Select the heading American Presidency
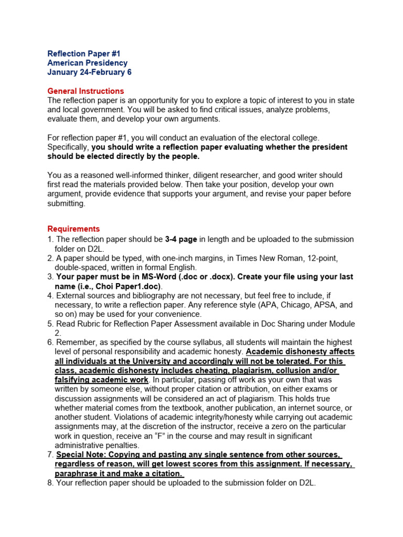[x=87, y=63]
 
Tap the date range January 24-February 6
[x=89, y=72]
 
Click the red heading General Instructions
[x=86, y=91]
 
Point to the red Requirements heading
[x=73, y=229]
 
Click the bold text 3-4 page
[x=181, y=239]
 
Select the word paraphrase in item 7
[x=76, y=474]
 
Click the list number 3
[x=50, y=277]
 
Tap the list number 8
[x=50, y=483]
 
